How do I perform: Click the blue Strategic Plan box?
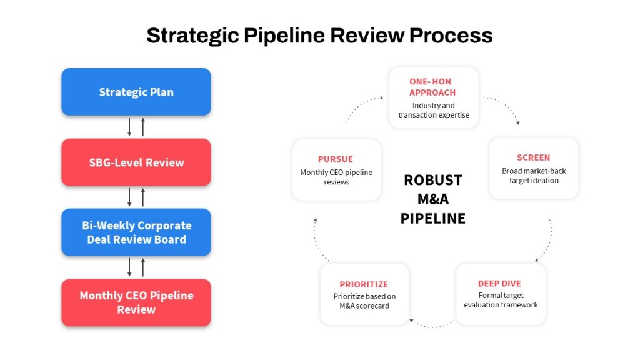136,92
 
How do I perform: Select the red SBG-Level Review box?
136,162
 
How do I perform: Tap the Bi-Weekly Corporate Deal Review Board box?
136,232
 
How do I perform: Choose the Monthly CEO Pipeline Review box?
136,302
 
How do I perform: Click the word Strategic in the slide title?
192,36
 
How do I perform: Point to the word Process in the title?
451,36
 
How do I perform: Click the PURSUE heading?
336,159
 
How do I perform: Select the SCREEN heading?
534,157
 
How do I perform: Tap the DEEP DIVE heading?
499,284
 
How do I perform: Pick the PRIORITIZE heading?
364,284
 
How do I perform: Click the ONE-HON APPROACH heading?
432,87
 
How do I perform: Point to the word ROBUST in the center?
433,180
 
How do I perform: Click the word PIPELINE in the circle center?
433,219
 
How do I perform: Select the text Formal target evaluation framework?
501,300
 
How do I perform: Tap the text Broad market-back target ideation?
534,176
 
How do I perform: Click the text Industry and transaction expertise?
434,110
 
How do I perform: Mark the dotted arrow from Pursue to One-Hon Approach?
361,105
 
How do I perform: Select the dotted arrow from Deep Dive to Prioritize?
432,326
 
